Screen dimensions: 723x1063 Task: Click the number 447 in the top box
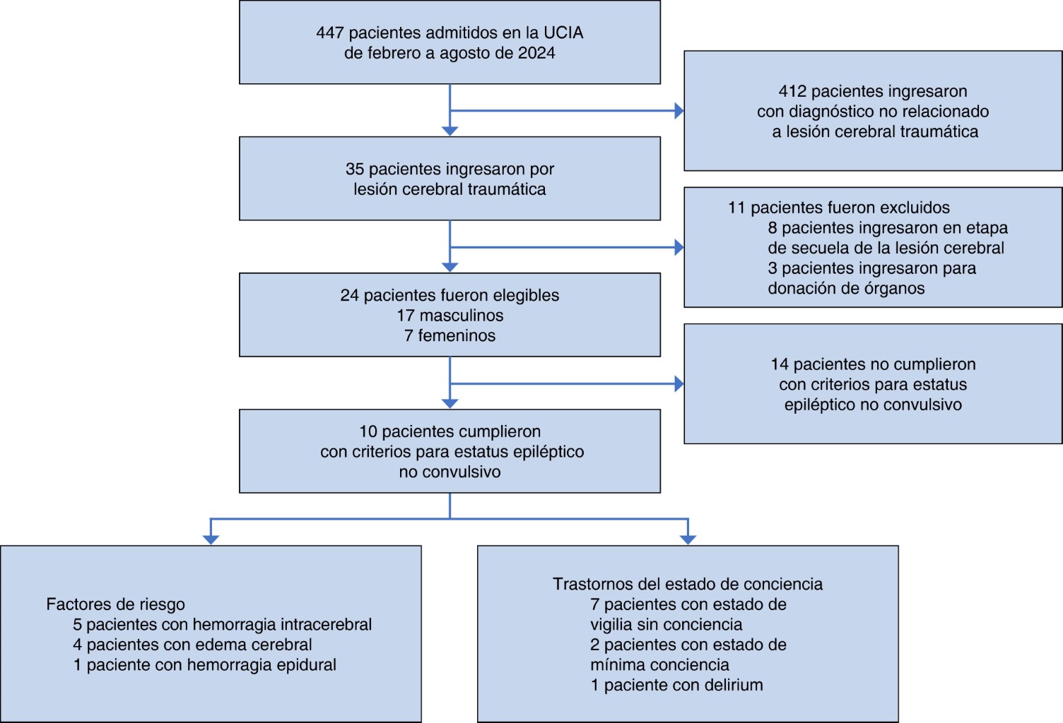330,33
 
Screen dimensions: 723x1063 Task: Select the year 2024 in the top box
536,54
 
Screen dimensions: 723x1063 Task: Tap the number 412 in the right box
792,92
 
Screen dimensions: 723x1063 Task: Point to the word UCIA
563,33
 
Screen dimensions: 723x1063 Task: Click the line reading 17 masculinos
450,316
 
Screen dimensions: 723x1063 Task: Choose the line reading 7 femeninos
450,336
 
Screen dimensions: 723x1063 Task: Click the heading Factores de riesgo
115,604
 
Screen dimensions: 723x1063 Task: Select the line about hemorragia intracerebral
222,625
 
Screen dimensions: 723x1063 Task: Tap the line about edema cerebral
192,645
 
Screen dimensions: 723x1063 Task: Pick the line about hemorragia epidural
204,665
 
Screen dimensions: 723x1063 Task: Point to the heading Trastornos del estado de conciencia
687,585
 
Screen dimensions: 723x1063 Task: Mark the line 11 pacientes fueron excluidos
838,208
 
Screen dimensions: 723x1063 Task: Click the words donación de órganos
846,289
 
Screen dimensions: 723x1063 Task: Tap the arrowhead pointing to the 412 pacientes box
679,111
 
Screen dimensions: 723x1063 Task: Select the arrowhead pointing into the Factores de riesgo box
211,540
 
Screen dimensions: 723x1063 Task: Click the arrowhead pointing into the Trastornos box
688,540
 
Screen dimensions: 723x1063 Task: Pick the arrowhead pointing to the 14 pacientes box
679,384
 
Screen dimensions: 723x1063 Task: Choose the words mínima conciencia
659,665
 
